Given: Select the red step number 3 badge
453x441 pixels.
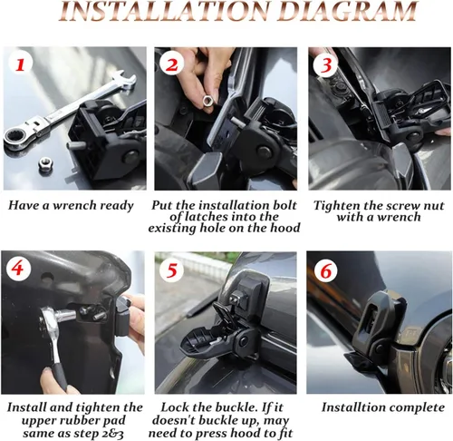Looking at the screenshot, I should click(328, 66).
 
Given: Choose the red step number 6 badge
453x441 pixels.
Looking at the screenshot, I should click(328, 270).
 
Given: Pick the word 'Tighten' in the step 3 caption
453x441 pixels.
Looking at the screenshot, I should click(340, 205).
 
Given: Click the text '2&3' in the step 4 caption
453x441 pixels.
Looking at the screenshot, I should click(110, 422).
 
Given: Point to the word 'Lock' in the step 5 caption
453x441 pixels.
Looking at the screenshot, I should click(178, 407).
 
